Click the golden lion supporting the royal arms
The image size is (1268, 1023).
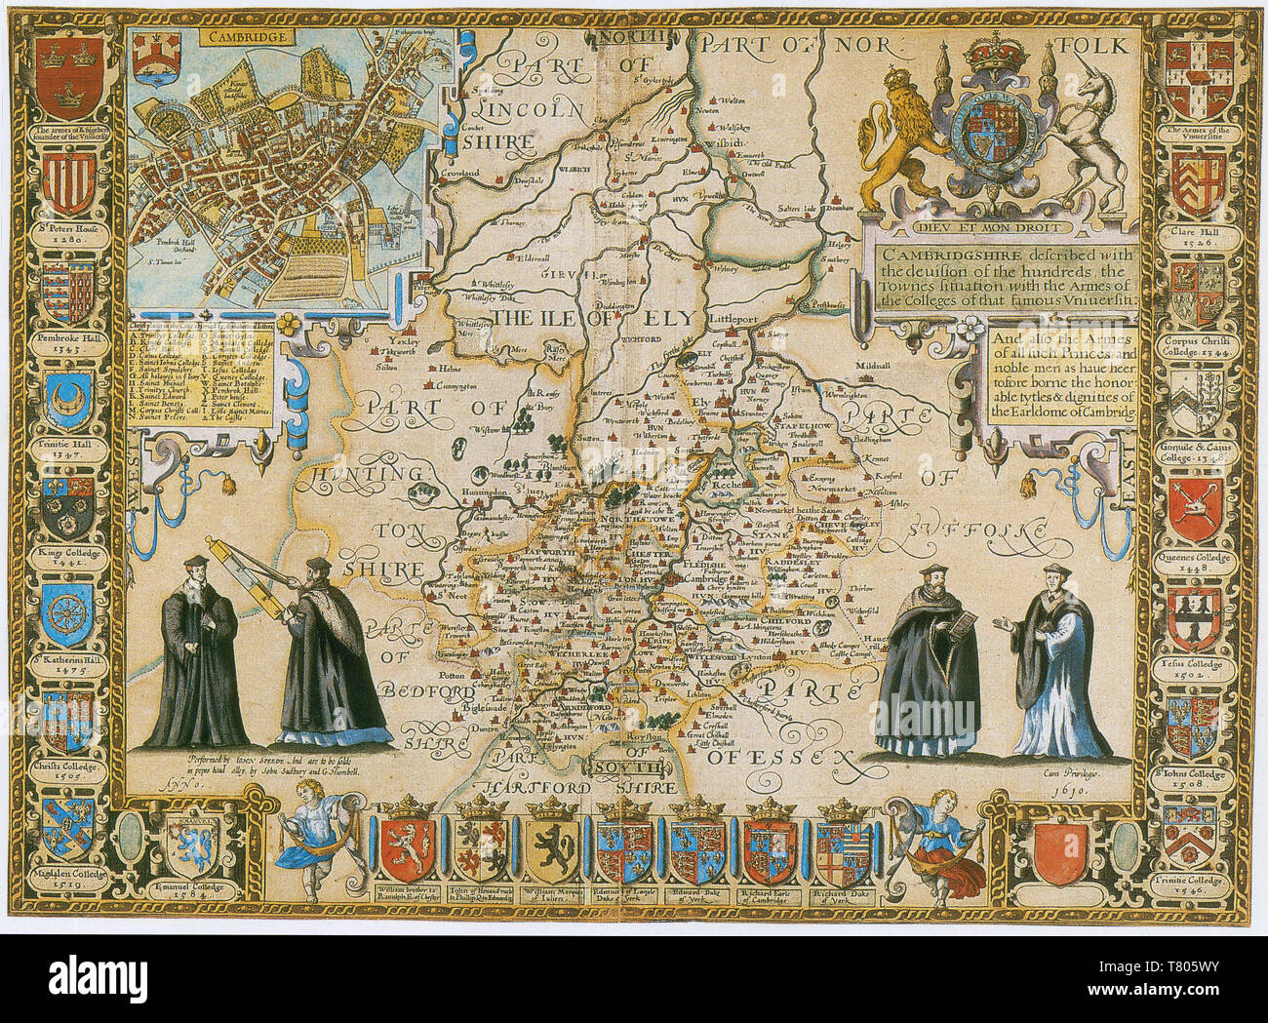[902, 141]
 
